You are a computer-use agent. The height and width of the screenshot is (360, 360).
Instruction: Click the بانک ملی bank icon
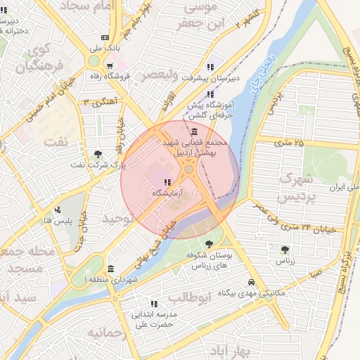point(105,37)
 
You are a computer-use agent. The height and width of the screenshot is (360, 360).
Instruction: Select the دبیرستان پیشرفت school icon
point(210,67)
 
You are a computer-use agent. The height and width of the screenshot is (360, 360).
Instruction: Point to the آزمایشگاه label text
point(176,192)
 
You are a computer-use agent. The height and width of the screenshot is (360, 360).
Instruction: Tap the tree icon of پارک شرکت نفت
point(97,155)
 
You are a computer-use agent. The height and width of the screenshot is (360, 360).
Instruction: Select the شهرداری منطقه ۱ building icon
point(110,269)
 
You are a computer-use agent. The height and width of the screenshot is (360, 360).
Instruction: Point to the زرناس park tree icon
point(284,250)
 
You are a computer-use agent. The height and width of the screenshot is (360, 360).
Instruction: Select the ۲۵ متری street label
point(288,143)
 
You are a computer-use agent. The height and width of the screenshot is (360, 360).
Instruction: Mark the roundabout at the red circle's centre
point(189,169)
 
